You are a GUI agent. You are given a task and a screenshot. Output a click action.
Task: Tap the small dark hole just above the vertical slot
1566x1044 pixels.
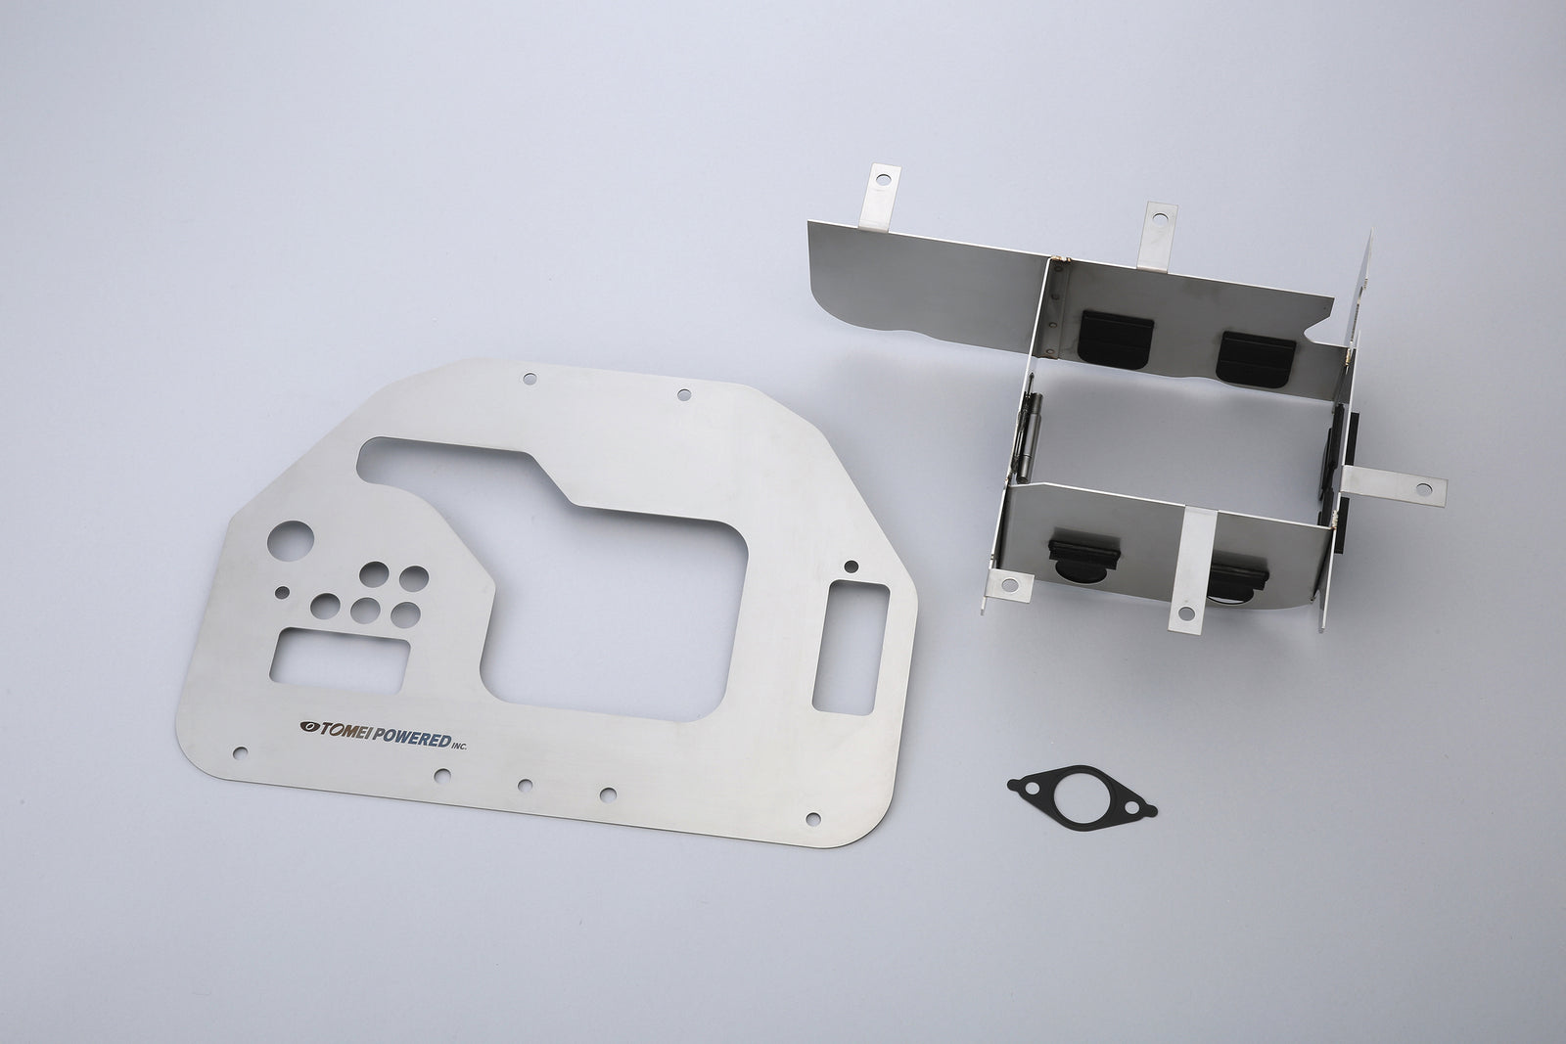850,565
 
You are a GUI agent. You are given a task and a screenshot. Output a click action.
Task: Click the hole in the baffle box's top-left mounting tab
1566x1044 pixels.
884,180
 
